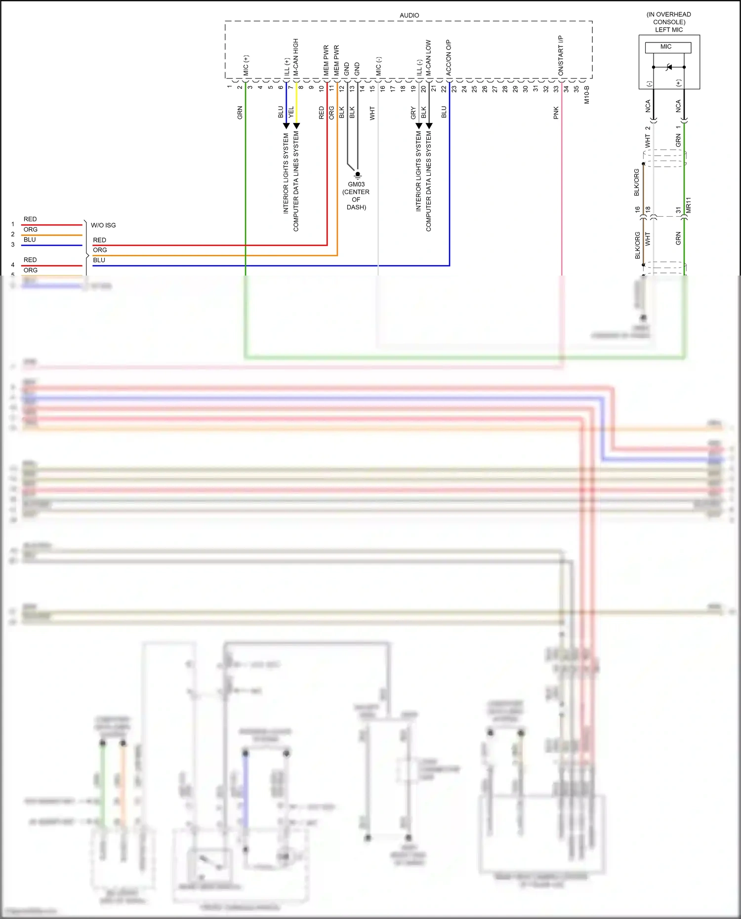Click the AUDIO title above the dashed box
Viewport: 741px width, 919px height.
coord(409,15)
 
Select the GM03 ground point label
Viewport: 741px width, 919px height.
coord(356,184)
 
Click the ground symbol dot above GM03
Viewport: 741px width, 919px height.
coord(358,174)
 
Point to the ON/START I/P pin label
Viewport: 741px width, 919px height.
coord(561,55)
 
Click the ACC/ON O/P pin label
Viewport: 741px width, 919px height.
coord(449,57)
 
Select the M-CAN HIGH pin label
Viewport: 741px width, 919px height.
coord(296,57)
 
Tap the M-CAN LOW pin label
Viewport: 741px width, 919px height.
coord(428,57)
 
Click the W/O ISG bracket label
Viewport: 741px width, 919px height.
coord(103,225)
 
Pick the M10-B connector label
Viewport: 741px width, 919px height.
coord(587,94)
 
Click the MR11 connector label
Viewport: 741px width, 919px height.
coord(689,205)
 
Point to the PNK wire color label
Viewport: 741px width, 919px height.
coord(556,113)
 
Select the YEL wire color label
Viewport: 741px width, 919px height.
coord(291,112)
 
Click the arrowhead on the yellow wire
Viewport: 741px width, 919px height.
coord(296,126)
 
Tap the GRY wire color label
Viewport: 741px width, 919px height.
coord(413,113)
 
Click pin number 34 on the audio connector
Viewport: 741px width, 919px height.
coord(566,89)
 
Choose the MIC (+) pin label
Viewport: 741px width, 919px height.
coord(246,65)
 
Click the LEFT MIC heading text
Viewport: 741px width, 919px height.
coord(668,30)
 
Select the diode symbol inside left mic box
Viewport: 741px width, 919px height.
coord(669,67)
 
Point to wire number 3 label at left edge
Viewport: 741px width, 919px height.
coord(13,244)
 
